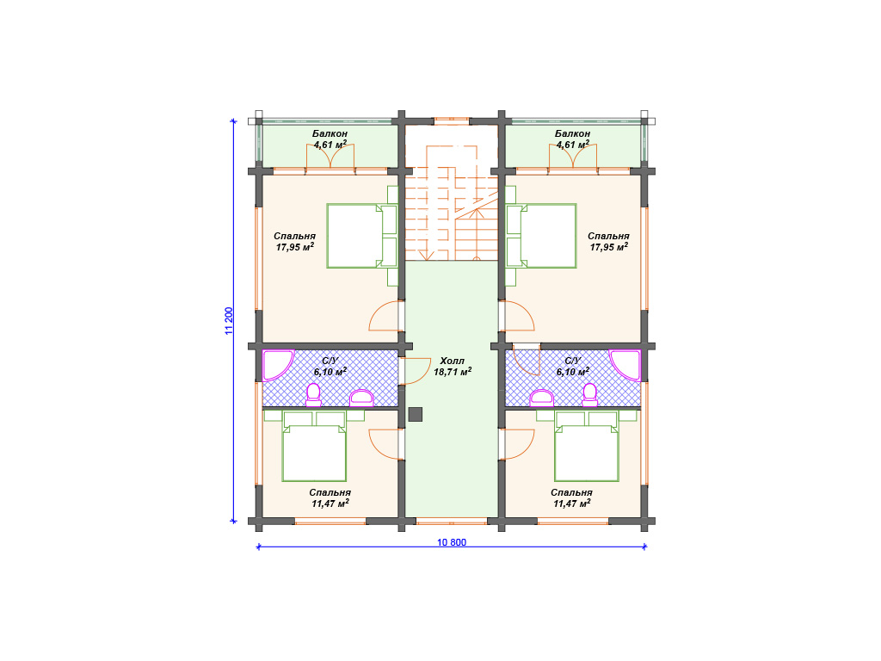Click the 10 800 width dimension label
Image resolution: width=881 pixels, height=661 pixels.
point(451,542)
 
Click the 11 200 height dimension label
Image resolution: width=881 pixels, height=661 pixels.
point(229,321)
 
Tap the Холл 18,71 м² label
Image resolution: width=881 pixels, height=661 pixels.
point(453,366)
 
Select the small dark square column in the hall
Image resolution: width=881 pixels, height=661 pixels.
point(416,414)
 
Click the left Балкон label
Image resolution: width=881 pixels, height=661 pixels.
point(330,133)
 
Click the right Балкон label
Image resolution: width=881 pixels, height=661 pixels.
point(572,133)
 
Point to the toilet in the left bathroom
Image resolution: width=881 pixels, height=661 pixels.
point(313,394)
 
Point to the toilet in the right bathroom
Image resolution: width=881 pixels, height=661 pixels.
point(590,394)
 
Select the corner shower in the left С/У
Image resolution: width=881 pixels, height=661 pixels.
point(278,365)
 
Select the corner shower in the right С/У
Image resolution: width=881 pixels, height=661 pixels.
point(625,365)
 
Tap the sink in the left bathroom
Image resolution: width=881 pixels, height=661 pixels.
point(361,398)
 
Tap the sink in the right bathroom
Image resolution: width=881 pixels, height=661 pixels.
point(542,398)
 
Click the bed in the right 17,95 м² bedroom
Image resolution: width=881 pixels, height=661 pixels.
point(542,236)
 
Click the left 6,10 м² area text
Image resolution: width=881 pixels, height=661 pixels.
point(330,372)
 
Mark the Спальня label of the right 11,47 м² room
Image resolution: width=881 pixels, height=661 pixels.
point(571,492)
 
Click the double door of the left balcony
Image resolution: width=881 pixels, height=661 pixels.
point(330,157)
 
